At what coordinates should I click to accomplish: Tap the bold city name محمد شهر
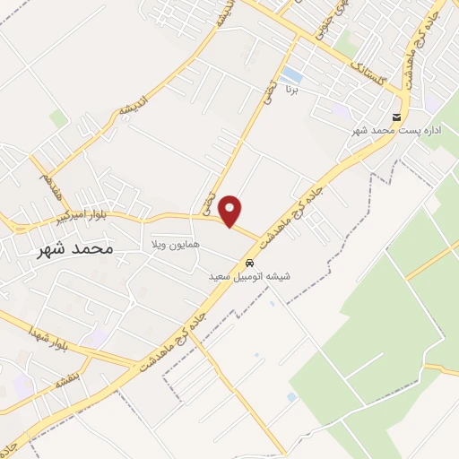click(75, 248)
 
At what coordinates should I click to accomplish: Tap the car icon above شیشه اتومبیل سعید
click(249, 264)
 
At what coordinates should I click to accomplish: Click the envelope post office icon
click(396, 117)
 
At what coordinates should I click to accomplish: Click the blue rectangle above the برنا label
click(292, 74)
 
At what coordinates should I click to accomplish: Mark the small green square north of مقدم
click(58, 118)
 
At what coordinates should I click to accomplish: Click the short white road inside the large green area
click(364, 366)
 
